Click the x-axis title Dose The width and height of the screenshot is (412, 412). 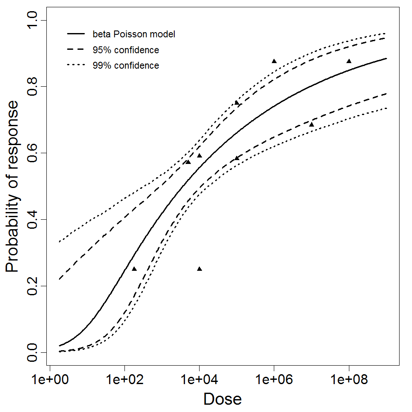click(x=222, y=399)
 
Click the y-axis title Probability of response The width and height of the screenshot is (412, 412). click(x=12, y=187)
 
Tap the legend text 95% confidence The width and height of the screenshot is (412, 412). click(x=125, y=50)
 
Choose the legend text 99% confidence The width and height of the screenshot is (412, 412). click(x=125, y=66)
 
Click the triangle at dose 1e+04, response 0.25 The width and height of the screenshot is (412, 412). click(x=199, y=269)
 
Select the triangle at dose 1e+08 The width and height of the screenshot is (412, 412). click(x=349, y=61)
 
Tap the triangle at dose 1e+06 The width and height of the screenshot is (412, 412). click(x=274, y=61)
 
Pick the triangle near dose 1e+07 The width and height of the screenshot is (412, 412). click(x=312, y=124)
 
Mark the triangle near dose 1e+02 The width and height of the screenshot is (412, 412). click(x=134, y=269)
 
